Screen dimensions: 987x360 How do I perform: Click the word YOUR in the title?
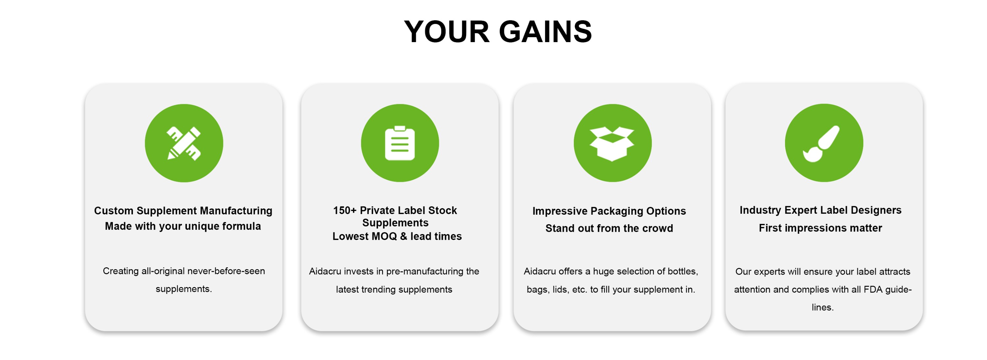(447, 32)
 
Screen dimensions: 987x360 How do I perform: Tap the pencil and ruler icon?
(184, 143)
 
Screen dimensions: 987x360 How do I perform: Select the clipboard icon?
(400, 143)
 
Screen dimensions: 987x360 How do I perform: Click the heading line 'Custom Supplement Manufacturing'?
(183, 211)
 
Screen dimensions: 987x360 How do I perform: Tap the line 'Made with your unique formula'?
(183, 226)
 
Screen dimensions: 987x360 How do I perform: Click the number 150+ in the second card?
(345, 210)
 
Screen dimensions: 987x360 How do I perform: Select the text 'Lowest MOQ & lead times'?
(397, 236)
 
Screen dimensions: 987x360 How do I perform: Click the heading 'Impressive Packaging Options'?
(609, 211)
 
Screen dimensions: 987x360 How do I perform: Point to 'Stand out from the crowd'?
(609, 228)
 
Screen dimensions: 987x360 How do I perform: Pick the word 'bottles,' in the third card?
(683, 272)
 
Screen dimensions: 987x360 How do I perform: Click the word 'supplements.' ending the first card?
(184, 289)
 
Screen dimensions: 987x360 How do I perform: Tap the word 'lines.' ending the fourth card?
(822, 307)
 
